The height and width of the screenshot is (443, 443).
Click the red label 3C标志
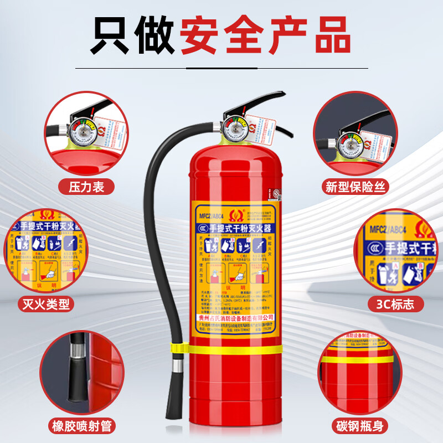pos(395,303)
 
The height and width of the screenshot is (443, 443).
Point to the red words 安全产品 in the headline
pos(266,34)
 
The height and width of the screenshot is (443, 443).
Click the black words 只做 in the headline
pos(133,34)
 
